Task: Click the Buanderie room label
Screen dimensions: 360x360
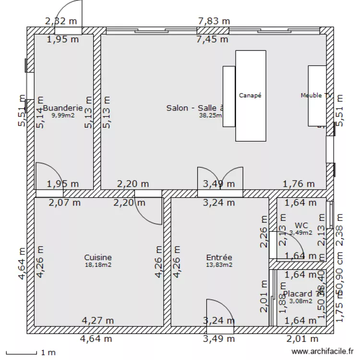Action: pos(63,108)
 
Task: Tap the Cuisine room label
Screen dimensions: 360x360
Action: pos(98,257)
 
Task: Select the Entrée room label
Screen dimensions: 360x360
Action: pos(219,257)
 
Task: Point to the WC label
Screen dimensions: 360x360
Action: pos(301,225)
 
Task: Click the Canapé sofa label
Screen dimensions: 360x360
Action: pos(250,96)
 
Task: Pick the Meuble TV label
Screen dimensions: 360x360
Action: pos(316,96)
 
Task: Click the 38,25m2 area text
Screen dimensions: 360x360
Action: pos(211,115)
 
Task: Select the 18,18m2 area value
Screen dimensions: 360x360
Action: pos(98,264)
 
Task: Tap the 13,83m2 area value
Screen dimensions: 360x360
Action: pos(219,264)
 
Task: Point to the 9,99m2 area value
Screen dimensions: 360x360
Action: pos(63,115)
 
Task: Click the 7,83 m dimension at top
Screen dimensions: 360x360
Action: pos(214,21)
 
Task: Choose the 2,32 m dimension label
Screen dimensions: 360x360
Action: pos(60,21)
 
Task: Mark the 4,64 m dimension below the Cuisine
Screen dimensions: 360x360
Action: pos(96,339)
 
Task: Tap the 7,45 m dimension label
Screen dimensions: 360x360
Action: pos(212,39)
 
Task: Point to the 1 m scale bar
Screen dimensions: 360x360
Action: pos(29,353)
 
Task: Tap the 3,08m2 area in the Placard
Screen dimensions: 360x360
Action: pos(301,301)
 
